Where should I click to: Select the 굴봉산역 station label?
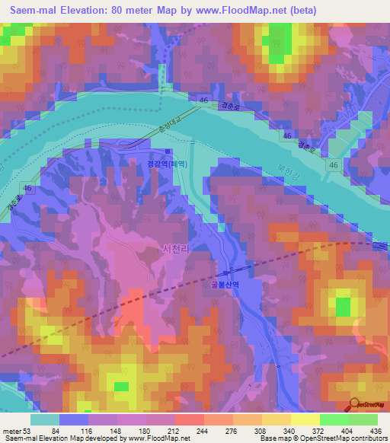(225, 285)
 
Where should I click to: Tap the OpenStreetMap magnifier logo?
(354, 406)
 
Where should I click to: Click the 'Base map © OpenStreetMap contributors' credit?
(322, 438)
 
